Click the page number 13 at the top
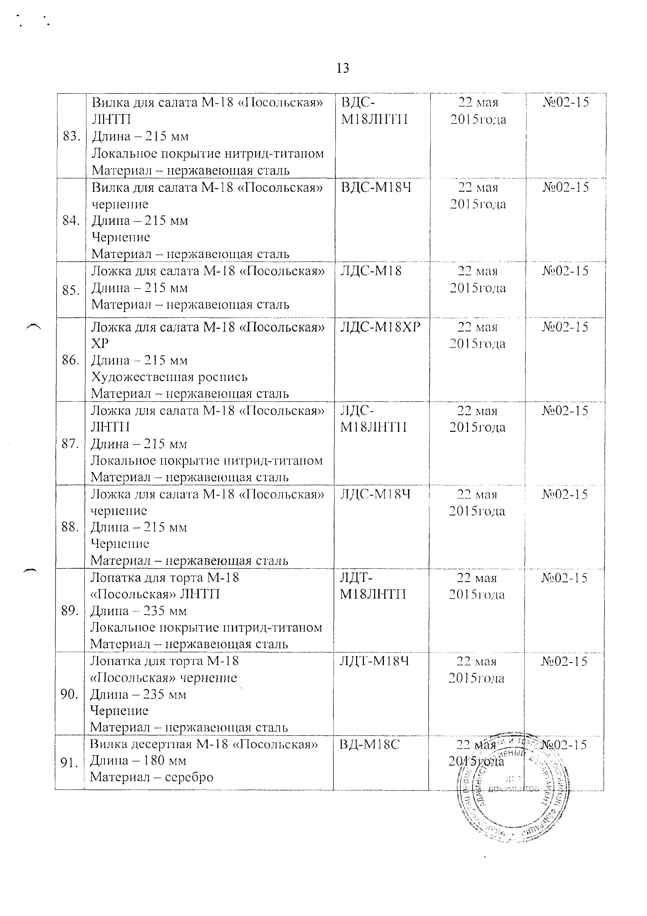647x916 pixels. point(343,68)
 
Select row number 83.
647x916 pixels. point(72,137)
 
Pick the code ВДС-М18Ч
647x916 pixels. point(376,187)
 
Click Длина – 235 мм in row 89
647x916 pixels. point(138,611)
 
